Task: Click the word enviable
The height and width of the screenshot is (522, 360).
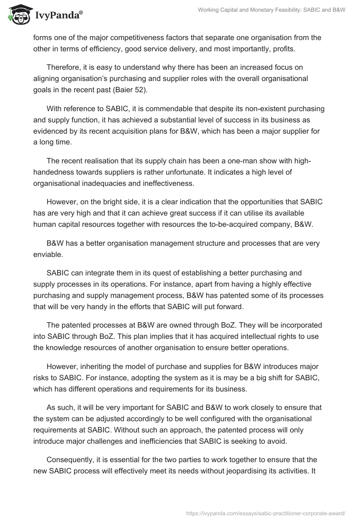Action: [x=48, y=254]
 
